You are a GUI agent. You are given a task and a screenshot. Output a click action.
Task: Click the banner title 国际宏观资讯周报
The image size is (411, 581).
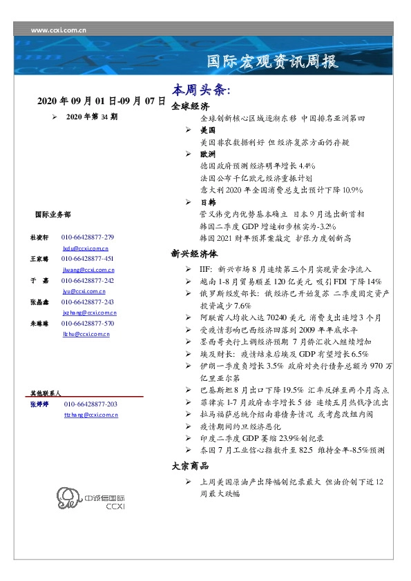click(273, 62)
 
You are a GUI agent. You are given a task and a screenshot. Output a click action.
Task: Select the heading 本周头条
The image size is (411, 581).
click(200, 90)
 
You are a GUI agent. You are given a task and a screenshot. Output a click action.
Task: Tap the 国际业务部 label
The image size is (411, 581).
click(52, 215)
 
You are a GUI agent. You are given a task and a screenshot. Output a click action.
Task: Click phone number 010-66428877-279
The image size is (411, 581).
click(88, 237)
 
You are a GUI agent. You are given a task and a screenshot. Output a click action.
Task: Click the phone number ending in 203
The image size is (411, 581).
click(90, 404)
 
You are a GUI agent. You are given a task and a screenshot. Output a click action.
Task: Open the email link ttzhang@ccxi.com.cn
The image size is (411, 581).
click(90, 415)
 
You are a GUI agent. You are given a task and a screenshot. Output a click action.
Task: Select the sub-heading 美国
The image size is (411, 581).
click(207, 130)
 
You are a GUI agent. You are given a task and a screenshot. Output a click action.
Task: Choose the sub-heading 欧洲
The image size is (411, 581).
click(207, 154)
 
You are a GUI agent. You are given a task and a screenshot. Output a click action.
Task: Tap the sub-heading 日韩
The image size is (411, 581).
click(207, 202)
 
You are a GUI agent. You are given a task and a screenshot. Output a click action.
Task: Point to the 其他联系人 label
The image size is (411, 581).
click(46, 393)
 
